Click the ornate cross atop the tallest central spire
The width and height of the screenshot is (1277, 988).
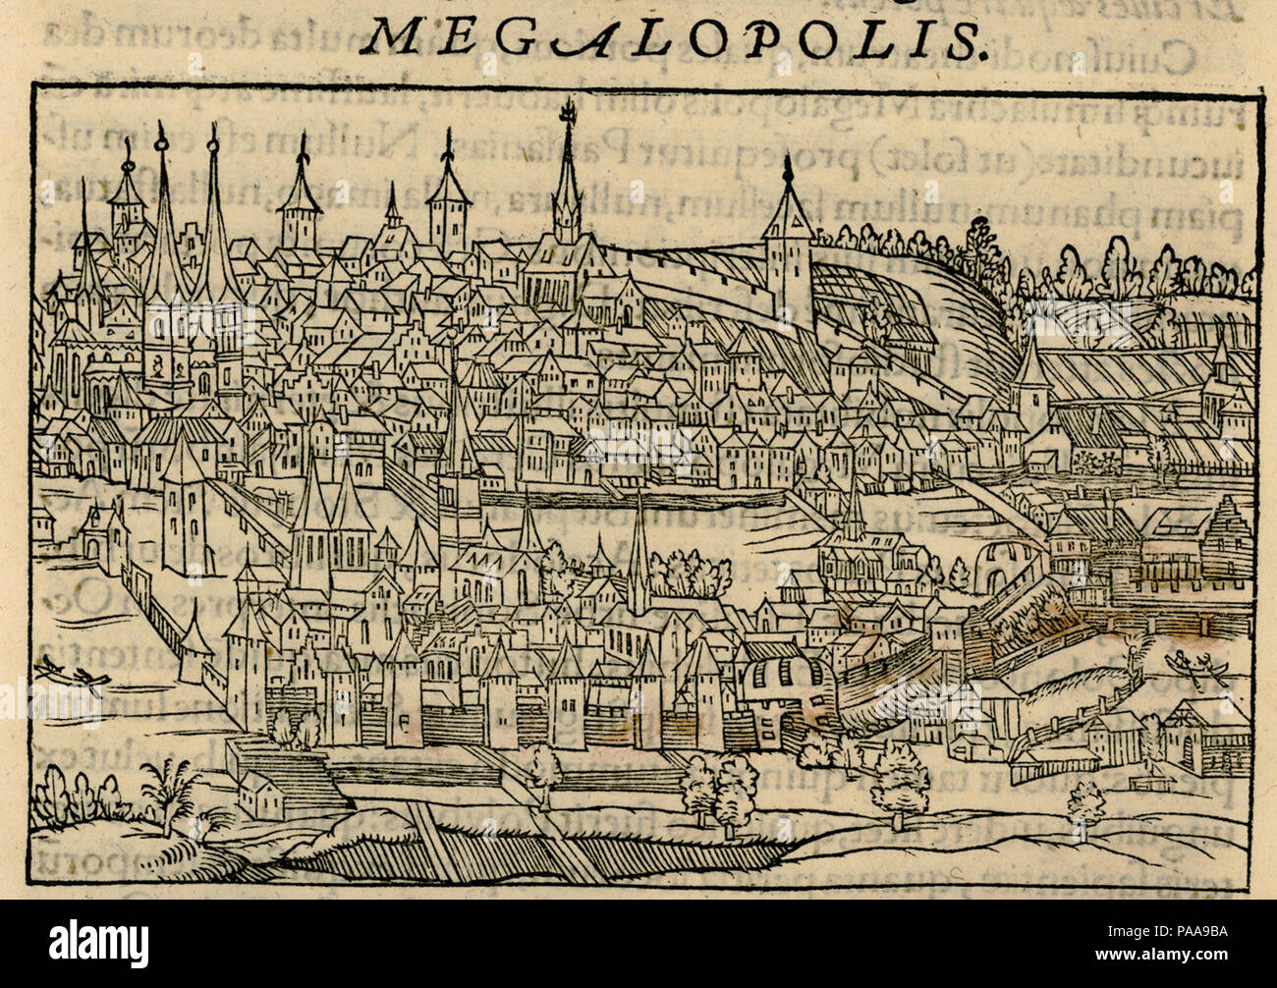click(567, 116)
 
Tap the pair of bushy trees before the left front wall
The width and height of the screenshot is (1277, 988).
click(294, 729)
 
